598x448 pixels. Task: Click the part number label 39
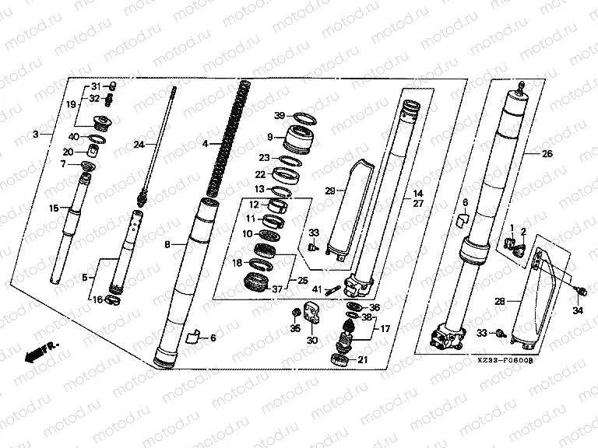[x=279, y=115]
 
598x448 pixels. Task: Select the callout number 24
[x=139, y=145]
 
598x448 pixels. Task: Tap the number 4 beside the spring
[x=205, y=144]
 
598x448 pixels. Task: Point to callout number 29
[x=329, y=190]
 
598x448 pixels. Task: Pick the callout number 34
[x=577, y=312]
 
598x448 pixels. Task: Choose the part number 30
[x=312, y=340]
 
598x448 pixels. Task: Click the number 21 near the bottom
[x=362, y=359]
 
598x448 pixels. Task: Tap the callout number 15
[x=54, y=208]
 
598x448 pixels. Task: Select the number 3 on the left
[x=36, y=135]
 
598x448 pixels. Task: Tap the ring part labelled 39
[x=304, y=117]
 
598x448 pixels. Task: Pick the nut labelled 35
[x=296, y=313]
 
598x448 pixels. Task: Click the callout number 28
[x=500, y=299]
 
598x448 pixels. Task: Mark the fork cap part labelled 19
[x=100, y=121]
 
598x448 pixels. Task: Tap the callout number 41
[x=317, y=289]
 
